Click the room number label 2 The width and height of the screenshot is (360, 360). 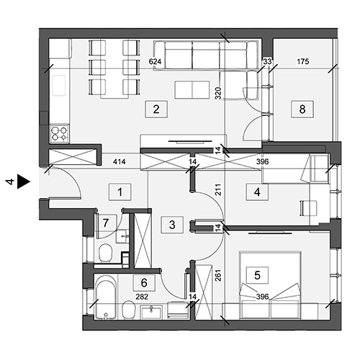coord(156,109)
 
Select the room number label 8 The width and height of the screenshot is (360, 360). coord(302,109)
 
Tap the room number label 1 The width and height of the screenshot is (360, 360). coord(120,192)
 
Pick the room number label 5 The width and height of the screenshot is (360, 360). coord(257,275)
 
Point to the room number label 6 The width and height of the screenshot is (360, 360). coord(144,283)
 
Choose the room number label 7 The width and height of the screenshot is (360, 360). coord(106,223)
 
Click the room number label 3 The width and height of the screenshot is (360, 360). coord(172,225)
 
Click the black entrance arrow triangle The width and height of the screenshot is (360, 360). coord(24,182)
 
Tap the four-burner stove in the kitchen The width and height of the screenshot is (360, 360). coord(60,134)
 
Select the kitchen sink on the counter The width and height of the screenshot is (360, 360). coord(59,86)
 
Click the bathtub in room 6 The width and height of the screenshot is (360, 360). coord(106,297)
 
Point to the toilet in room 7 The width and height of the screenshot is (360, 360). coord(106,253)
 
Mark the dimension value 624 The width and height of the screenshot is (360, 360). coord(155,62)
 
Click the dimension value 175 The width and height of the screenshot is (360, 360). coord(303,62)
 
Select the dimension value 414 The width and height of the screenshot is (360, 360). coord(120,162)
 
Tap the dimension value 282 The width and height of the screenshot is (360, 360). coord(142,297)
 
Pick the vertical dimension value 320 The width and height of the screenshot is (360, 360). coord(218,94)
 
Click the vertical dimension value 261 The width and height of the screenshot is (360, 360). coord(218,276)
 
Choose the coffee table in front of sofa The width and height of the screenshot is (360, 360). coord(192,90)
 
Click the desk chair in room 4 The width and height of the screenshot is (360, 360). coord(309,208)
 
